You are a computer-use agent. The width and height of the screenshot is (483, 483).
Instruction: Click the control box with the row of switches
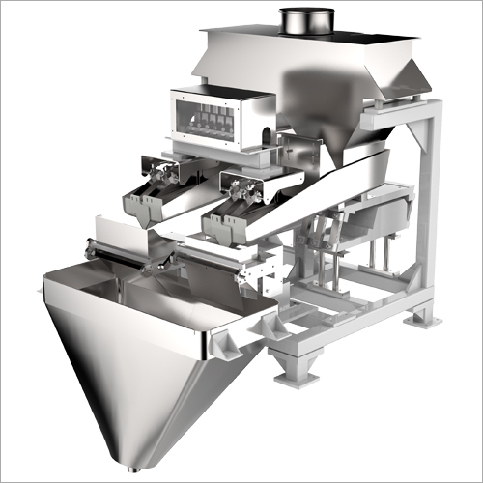point(217,118)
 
